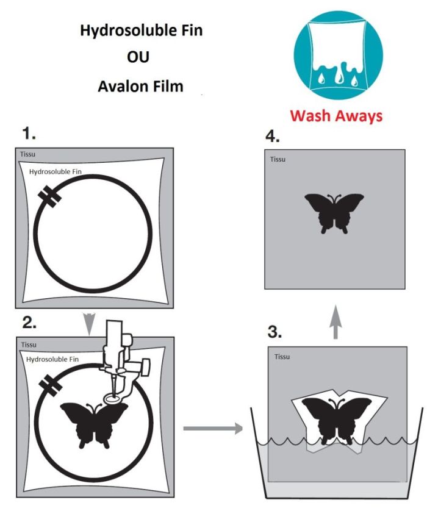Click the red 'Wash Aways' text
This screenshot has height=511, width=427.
pyautogui.click(x=336, y=115)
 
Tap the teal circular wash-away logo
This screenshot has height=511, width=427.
pyautogui.click(x=338, y=55)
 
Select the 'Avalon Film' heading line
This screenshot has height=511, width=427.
pyautogui.click(x=140, y=86)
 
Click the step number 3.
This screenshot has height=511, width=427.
pyautogui.click(x=275, y=332)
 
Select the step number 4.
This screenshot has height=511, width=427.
pyautogui.click(x=272, y=135)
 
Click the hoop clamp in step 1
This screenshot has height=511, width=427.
pyautogui.click(x=46, y=197)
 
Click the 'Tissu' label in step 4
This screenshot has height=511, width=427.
pyautogui.click(x=278, y=160)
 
